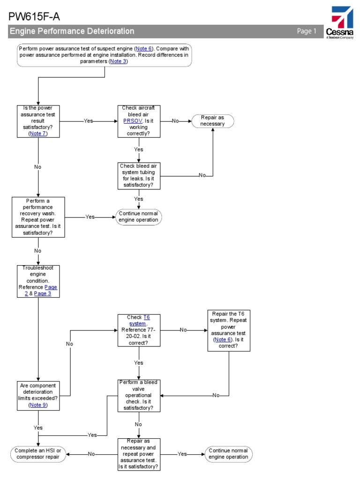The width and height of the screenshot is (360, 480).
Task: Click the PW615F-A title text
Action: (34, 17)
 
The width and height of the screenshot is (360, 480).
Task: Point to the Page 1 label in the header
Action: (307, 31)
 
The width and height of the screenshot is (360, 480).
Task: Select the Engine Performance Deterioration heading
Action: (72, 31)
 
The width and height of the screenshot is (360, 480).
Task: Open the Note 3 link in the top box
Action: (118, 61)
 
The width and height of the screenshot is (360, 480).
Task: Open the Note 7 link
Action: (38, 133)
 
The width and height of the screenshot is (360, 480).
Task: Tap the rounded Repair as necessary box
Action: (212, 121)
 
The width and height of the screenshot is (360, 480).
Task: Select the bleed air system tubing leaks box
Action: (139, 175)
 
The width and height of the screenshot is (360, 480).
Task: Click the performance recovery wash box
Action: (38, 217)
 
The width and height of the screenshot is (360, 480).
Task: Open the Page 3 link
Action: (43, 293)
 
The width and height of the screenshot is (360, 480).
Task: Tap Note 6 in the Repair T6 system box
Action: (223, 339)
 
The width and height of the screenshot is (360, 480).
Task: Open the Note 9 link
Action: (37, 405)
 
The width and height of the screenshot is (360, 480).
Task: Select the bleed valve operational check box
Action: (139, 395)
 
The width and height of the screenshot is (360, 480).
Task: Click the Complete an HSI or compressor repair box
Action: (38, 454)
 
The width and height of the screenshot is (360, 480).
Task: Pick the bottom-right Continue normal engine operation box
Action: (228, 454)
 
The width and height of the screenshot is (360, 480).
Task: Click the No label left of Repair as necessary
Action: (175, 121)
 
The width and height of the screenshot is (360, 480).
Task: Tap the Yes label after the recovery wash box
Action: (90, 217)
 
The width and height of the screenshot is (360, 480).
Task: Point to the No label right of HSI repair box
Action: (91, 454)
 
